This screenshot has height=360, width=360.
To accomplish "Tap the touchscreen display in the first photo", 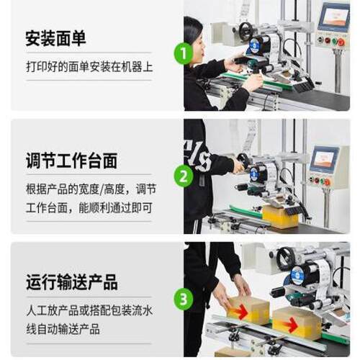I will tap(334, 16).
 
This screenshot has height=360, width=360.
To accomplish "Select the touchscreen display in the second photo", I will tap(324, 158).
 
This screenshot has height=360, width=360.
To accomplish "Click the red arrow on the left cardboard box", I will tap(238, 312).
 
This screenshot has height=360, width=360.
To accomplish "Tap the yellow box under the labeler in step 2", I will tap(279, 216).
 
